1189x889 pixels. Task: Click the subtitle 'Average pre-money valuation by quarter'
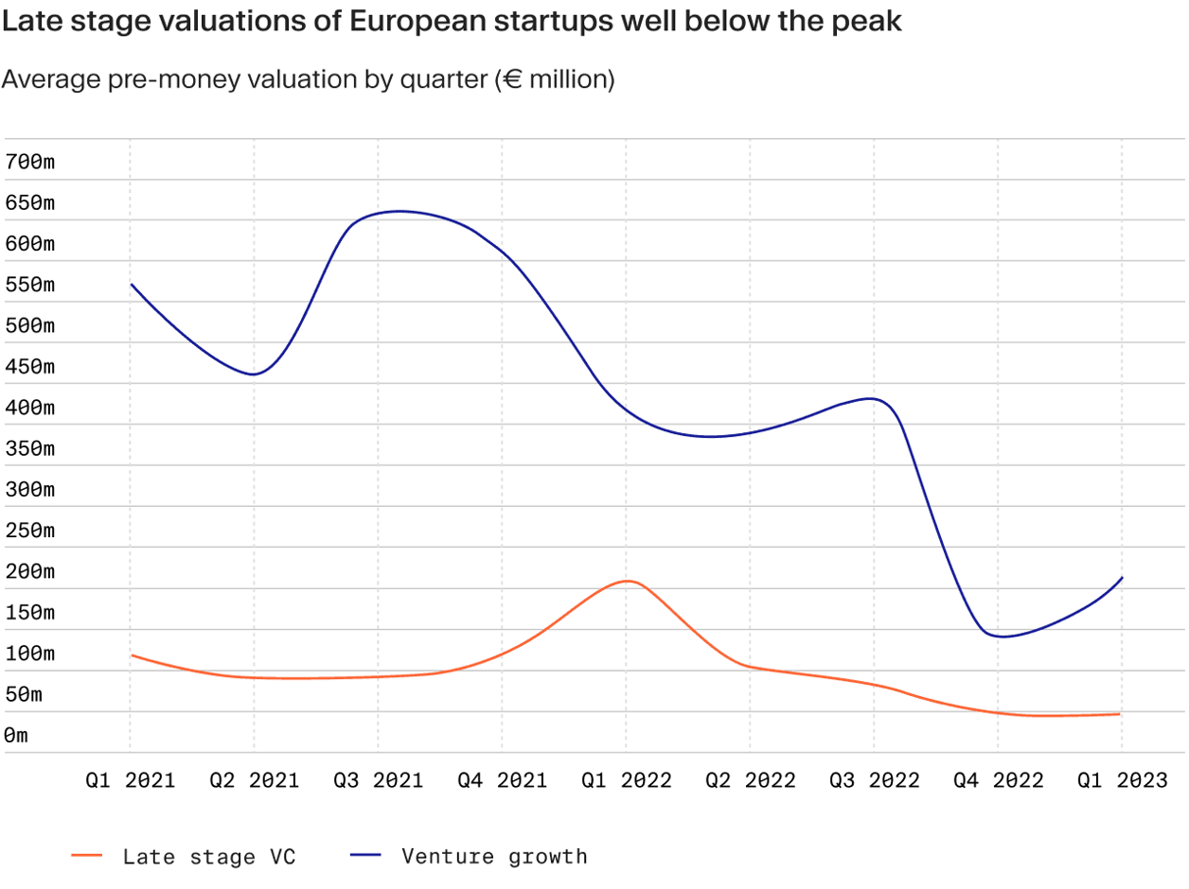click(309, 79)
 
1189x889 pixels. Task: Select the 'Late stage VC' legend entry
click(208, 857)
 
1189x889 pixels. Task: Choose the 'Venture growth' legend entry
click(494, 857)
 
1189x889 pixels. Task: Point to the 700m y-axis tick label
click(30, 162)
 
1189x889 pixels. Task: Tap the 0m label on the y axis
click(17, 736)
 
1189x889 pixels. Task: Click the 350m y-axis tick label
click(30, 448)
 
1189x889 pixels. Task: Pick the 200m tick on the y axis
click(30, 571)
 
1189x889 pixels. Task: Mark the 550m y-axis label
click(30, 285)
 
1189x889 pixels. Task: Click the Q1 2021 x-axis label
click(130, 781)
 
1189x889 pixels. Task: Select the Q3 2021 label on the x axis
click(378, 781)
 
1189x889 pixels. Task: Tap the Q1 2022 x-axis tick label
click(626, 781)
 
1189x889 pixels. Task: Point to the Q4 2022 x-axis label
click(998, 781)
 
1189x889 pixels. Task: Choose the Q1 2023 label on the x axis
click(1122, 781)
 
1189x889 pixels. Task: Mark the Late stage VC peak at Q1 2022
click(627, 581)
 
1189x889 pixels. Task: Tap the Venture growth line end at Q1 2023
click(1122, 578)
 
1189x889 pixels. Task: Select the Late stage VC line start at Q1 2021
click(132, 655)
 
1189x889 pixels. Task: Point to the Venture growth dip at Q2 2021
click(253, 375)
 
